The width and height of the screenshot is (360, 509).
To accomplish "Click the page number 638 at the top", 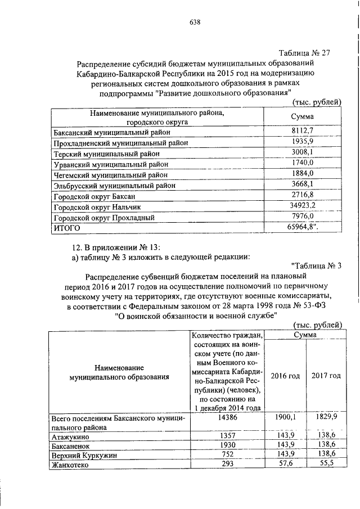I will (195, 22).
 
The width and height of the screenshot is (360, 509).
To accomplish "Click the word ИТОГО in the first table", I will (66, 228).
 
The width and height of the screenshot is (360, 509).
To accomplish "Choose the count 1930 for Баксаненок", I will (227, 445).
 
